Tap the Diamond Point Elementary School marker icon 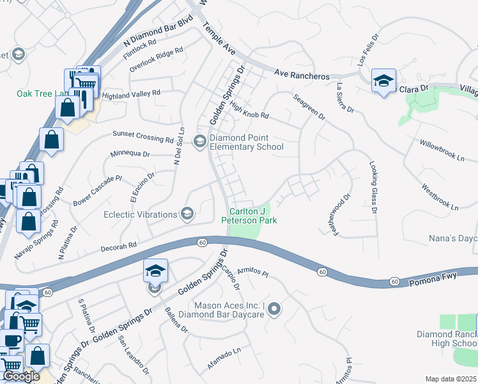[x=199, y=141]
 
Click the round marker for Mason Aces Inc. [x=274, y=310]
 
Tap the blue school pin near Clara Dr [x=383, y=81]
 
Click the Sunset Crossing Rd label [x=143, y=136]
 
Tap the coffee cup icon [x=11, y=339]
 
